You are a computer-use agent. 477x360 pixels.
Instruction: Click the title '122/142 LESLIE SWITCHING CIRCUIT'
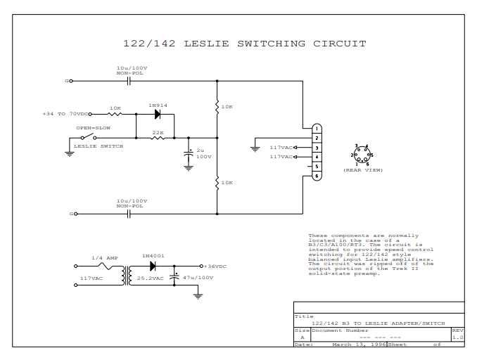(244, 44)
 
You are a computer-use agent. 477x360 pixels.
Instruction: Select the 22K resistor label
(158, 131)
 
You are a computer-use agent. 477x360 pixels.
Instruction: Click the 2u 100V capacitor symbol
(189, 153)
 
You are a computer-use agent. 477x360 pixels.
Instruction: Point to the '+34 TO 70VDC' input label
(66, 113)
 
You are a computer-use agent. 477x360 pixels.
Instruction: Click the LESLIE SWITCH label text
(98, 146)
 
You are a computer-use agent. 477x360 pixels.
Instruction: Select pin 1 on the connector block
(317, 129)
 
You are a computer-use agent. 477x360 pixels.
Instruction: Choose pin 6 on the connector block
(317, 176)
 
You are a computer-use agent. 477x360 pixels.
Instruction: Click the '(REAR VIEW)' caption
(363, 170)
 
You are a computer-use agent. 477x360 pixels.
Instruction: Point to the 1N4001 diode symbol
(153, 266)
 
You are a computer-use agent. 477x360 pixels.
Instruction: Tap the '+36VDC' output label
(215, 267)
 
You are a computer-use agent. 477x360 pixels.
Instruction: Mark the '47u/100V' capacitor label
(198, 278)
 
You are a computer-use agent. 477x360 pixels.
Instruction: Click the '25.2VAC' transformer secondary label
(150, 278)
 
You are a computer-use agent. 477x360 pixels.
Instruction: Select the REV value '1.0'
(457, 337)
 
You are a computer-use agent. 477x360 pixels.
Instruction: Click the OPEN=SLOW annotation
(94, 128)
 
